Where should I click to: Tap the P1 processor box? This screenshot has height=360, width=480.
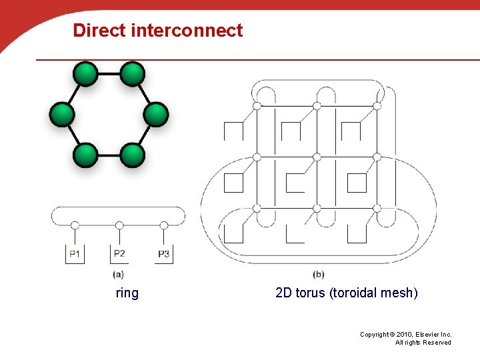[x=75, y=254]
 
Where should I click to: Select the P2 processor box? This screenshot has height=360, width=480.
[x=119, y=253]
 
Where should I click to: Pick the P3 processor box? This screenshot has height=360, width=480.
[x=164, y=254]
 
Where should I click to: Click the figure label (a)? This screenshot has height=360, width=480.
[x=118, y=274]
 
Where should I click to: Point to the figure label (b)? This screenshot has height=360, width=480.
[x=318, y=274]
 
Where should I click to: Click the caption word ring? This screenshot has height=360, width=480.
[x=127, y=293]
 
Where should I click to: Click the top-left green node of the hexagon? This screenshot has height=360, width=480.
[x=85, y=73]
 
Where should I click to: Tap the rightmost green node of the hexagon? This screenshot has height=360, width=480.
[x=157, y=115]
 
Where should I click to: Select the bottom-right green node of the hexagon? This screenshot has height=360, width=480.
[x=133, y=155]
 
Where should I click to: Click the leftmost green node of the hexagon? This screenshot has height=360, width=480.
[x=61, y=115]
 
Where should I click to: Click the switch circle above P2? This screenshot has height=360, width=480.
[x=119, y=225]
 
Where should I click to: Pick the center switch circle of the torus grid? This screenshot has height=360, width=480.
[x=317, y=157]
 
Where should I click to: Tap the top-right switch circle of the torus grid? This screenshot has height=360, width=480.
[x=377, y=105]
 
